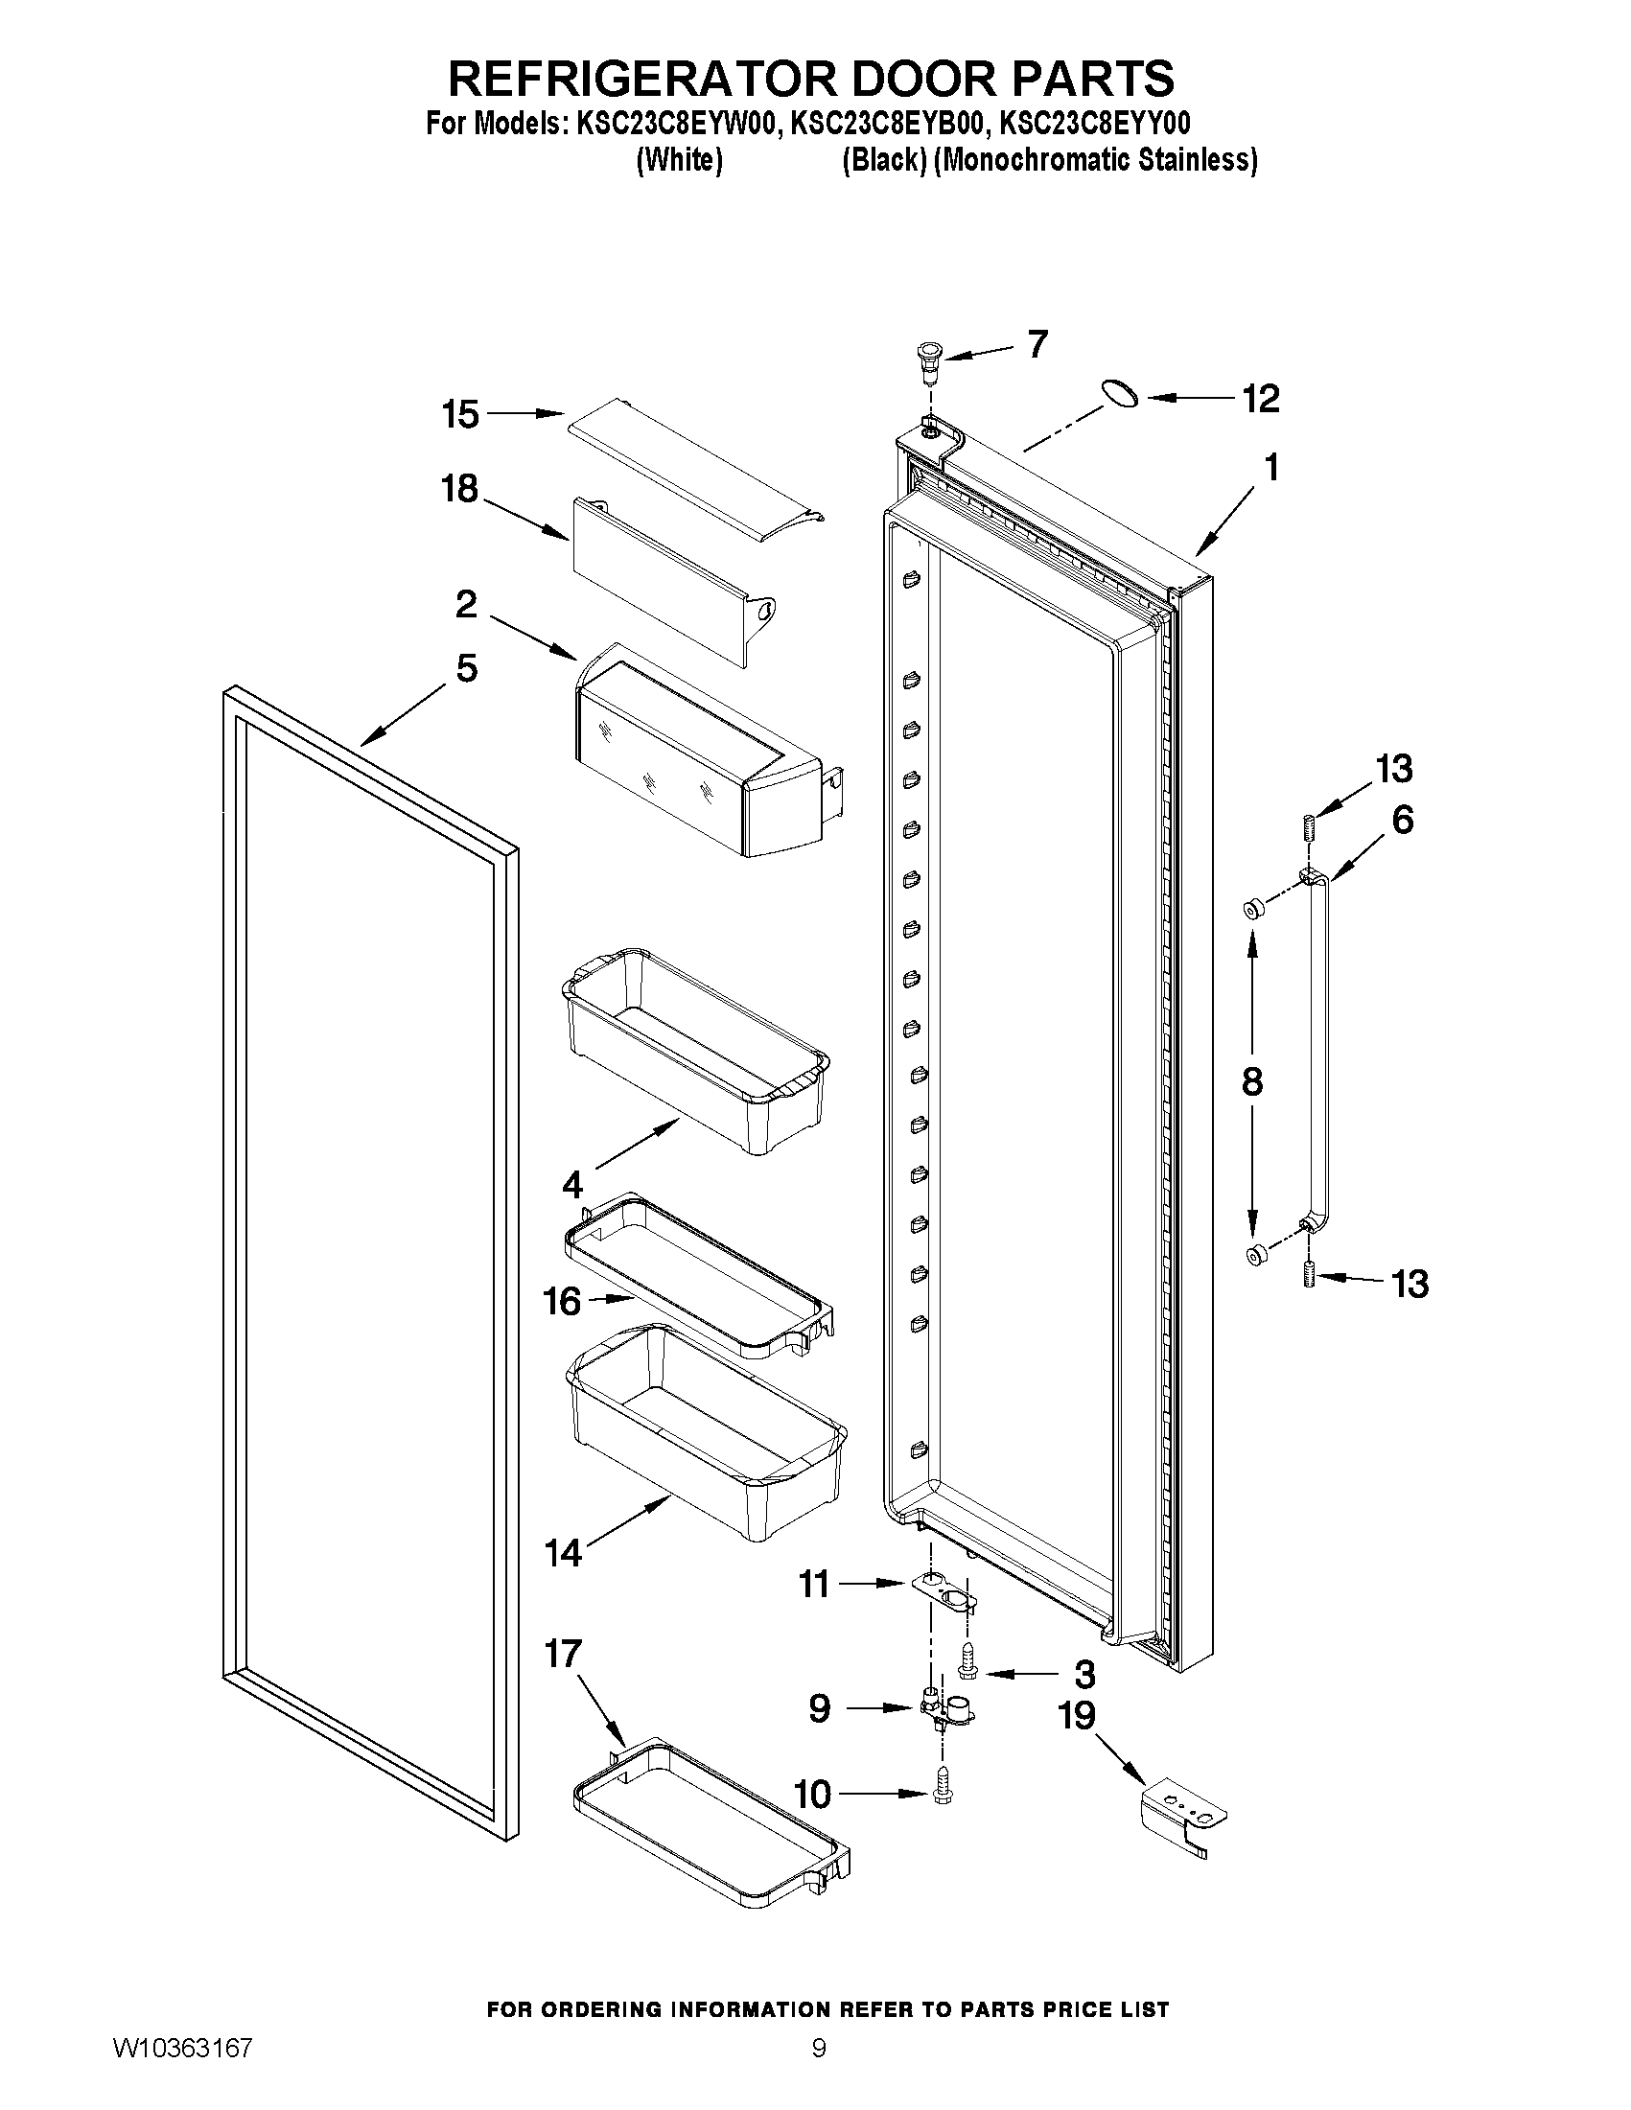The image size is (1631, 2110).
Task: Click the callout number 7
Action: (x=1037, y=344)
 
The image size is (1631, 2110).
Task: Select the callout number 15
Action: (x=460, y=414)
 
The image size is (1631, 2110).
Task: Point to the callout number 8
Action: (x=1251, y=1081)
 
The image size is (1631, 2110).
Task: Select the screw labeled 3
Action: (x=967, y=1660)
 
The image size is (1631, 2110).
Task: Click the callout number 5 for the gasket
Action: (x=466, y=667)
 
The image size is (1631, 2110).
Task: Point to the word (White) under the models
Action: (x=679, y=160)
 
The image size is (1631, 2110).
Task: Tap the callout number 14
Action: (x=562, y=1553)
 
